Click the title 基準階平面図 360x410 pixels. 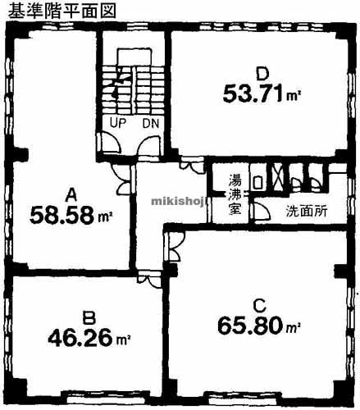pos(62,11)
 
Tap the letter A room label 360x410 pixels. pos(72,195)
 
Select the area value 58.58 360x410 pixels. pos(62,215)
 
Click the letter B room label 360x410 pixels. pos(89,318)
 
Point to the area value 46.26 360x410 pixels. pos(80,338)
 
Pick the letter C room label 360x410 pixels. pos(259,306)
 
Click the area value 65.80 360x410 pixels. pos(250,326)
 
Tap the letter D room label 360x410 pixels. pos(262,74)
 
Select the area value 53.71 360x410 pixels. pos(253,93)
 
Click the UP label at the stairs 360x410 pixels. pos(118,123)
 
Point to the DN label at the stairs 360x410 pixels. pos(151,124)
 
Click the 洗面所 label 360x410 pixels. pos(307,211)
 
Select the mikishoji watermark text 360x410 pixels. pos(179,202)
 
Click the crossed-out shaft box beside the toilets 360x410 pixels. pos(277,177)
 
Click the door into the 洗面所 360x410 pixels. pos(260,210)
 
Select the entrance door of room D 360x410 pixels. pos(192,163)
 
